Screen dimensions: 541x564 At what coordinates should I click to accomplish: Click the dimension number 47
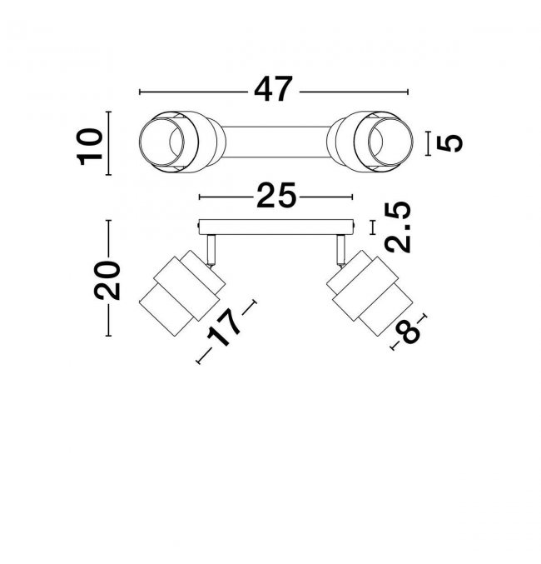click(272, 89)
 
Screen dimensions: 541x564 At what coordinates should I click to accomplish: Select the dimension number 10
click(90, 147)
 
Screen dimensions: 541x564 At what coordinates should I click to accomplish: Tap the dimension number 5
click(449, 143)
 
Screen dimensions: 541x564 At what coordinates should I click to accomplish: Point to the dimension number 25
click(276, 195)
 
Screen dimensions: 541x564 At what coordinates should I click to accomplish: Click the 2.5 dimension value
click(398, 227)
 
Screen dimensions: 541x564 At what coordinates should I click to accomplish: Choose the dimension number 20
click(107, 280)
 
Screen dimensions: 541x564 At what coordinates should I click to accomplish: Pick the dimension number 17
click(223, 327)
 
